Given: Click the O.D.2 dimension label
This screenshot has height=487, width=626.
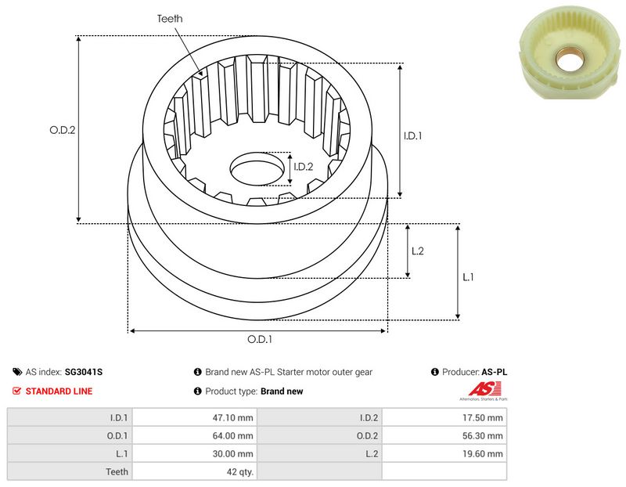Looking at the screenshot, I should click(x=62, y=131).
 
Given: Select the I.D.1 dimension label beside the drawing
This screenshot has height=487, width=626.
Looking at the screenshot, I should click(x=413, y=135).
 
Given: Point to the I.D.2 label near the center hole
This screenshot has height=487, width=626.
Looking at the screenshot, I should click(x=303, y=166).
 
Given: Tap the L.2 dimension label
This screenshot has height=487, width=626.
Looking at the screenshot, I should click(x=417, y=251).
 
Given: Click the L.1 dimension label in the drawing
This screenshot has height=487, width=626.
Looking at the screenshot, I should click(x=468, y=276).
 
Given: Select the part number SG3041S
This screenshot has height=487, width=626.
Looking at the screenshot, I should click(x=85, y=373).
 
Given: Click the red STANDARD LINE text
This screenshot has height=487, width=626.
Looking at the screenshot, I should click(x=59, y=391).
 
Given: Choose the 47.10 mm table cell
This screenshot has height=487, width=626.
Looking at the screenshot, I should click(x=233, y=417).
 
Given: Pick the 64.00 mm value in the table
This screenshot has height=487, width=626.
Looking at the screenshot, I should click(x=233, y=435).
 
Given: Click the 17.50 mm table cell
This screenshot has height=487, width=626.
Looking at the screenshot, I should click(x=483, y=417).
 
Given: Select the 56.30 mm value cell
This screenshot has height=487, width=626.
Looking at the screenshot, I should click(x=483, y=435).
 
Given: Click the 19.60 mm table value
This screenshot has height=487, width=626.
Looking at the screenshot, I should click(x=483, y=453).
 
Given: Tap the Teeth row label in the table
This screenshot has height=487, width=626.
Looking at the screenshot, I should click(x=117, y=471).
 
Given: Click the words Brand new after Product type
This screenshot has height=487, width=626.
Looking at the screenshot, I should click(x=281, y=391).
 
